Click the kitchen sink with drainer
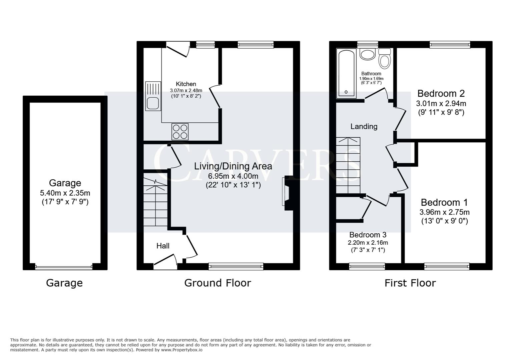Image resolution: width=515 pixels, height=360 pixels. point(153,96)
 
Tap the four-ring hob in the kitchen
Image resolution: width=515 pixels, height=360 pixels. point(180,132)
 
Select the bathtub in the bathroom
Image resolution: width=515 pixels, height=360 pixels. point(346,74)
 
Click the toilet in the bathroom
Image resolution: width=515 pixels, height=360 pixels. point(385,59)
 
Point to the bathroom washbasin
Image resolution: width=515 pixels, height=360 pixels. point(367,54)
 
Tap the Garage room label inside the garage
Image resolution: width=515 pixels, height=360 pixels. point(65,183)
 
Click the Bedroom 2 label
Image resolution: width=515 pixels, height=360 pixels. point(441,93)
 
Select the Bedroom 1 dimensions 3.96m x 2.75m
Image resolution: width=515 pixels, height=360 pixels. point(444,212)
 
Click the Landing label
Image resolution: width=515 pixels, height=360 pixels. point(364,127)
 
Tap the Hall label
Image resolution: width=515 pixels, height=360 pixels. point(163,246)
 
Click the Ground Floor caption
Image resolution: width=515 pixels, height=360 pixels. point(217,283)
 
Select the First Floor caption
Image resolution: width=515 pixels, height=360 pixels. point(410,283)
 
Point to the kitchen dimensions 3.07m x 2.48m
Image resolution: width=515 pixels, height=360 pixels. point(186,90)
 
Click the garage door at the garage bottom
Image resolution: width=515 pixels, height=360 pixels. point(63,267)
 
